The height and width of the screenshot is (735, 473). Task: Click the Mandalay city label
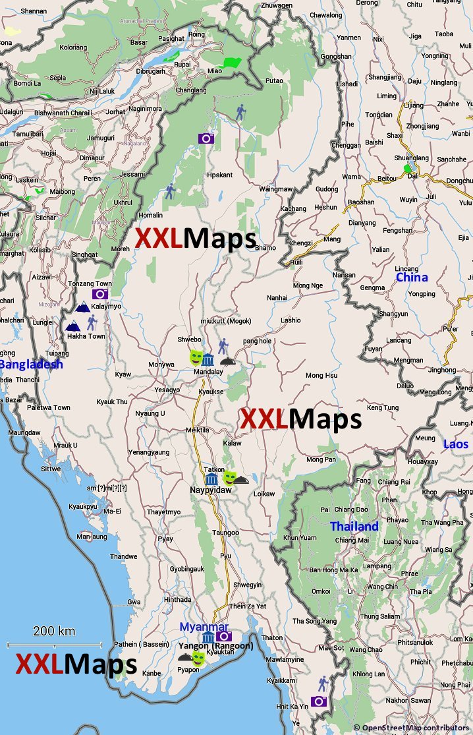(208, 372)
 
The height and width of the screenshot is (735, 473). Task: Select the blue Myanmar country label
(204, 627)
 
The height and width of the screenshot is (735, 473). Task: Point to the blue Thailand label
(354, 527)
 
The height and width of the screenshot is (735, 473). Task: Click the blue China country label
(412, 278)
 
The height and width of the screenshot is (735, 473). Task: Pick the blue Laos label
(456, 444)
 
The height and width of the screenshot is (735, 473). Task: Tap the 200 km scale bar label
(54, 631)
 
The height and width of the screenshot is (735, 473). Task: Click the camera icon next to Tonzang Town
(100, 293)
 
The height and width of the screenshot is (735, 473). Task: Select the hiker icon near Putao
(240, 113)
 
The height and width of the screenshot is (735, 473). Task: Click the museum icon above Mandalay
(208, 360)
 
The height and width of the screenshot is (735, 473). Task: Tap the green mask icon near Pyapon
(198, 658)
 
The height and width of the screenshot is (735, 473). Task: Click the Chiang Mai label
(351, 541)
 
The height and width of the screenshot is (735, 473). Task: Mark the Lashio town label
(291, 320)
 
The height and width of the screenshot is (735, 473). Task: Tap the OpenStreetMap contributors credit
(412, 728)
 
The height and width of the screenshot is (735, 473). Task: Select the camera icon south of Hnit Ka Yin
(320, 701)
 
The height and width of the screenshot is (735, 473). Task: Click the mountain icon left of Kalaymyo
(82, 307)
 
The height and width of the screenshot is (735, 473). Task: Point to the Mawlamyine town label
(285, 659)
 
